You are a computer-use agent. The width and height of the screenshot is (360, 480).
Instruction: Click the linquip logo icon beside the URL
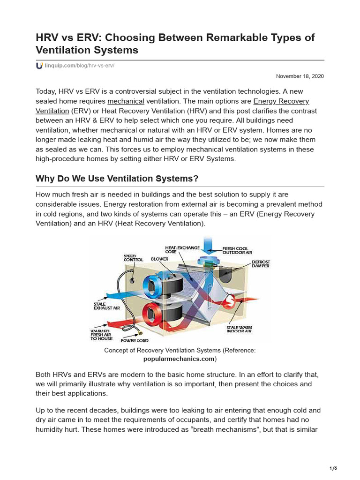tap(39, 66)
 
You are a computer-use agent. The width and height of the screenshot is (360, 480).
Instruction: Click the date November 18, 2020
tap(300, 76)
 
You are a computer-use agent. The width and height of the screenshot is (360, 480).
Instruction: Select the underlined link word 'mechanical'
tap(126, 101)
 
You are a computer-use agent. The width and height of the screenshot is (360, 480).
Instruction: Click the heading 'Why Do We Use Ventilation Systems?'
tap(117, 179)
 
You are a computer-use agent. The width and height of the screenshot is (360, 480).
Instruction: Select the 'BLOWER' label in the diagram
tap(160, 259)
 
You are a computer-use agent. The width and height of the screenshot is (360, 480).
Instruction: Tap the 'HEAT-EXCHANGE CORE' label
tap(182, 249)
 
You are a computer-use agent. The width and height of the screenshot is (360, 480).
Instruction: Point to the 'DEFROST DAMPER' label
tap(261, 264)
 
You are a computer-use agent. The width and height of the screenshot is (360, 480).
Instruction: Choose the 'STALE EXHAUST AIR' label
tap(106, 306)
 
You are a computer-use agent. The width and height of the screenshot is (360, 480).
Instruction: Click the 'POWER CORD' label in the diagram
tap(135, 341)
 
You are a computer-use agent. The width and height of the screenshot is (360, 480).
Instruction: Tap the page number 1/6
tap(333, 468)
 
